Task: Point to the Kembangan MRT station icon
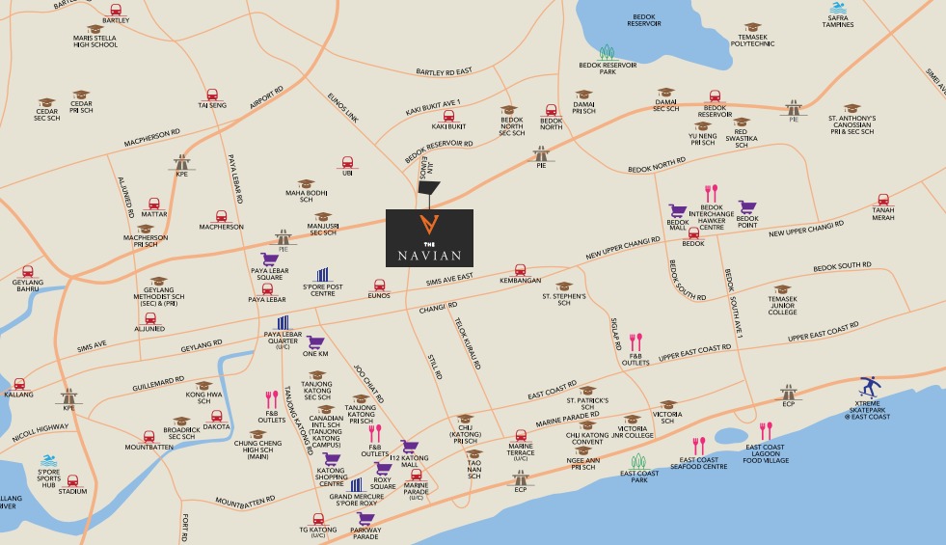click(x=521, y=270)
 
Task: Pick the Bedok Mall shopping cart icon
click(x=679, y=210)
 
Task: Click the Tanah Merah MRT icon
click(x=882, y=200)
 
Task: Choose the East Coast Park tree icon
click(x=637, y=461)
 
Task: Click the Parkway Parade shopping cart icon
click(x=365, y=518)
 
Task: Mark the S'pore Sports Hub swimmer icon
click(x=47, y=463)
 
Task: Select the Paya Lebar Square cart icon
click(x=269, y=259)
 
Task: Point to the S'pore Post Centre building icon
click(x=323, y=276)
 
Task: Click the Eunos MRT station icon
click(x=379, y=286)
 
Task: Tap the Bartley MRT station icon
click(x=116, y=10)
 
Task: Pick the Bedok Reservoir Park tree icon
click(x=607, y=52)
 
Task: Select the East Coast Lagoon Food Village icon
click(x=766, y=431)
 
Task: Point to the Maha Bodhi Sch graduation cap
click(x=306, y=182)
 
